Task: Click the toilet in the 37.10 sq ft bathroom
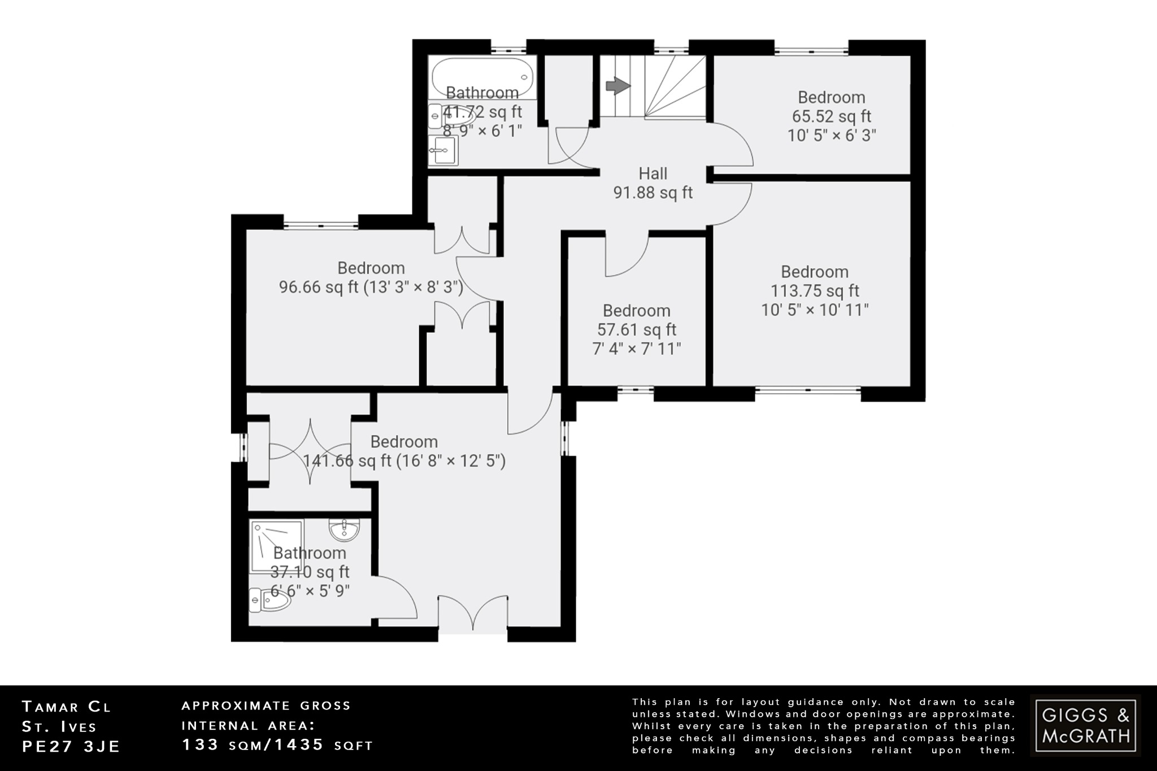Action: click(x=270, y=601)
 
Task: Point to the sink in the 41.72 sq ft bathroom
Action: click(x=443, y=151)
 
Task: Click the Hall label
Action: click(x=653, y=173)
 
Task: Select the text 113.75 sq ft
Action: click(x=815, y=291)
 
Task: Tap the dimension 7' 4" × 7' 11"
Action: click(x=637, y=349)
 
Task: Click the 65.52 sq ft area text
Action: click(x=831, y=116)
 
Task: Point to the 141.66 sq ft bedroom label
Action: click(x=403, y=442)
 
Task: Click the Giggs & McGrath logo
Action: click(x=1085, y=725)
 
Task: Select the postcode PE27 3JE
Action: click(x=71, y=746)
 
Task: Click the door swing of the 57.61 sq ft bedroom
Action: click(x=626, y=257)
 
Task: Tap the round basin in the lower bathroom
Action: click(x=343, y=530)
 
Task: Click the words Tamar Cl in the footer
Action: click(x=66, y=706)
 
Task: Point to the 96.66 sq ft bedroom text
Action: click(x=371, y=287)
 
